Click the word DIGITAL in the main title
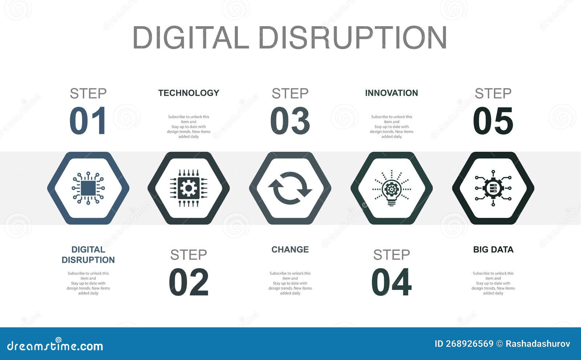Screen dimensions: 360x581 point(191,37)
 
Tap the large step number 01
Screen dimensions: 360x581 point(88,121)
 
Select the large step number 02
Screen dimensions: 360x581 point(188,282)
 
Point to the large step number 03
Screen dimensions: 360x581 point(290,121)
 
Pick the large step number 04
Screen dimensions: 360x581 point(391,282)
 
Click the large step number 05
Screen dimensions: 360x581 point(493,121)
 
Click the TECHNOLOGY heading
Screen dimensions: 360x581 point(188,93)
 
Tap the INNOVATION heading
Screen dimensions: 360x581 point(391,93)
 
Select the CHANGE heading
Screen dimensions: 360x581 point(290,250)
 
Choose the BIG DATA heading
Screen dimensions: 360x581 point(493,250)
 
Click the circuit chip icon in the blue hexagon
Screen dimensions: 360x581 point(88,188)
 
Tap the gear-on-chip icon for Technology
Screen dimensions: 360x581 point(188,188)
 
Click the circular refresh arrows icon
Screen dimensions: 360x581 point(290,188)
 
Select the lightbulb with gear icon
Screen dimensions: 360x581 point(391,188)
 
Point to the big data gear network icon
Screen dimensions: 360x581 point(493,188)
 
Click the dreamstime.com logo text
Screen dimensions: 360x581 point(55,345)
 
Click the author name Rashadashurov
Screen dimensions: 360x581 point(538,344)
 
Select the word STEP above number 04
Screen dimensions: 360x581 point(391,255)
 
